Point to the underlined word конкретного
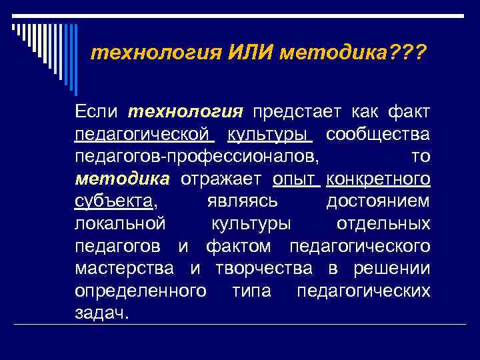point(379,179)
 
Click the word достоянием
point(378,201)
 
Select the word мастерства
point(125,269)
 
